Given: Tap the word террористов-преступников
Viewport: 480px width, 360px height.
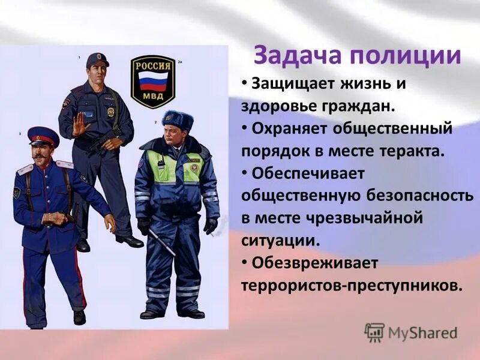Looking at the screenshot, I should [x=352, y=284].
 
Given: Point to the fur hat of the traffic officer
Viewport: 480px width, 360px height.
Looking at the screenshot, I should [x=178, y=119].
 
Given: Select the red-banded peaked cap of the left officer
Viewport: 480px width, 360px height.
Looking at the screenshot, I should [x=43, y=136].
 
